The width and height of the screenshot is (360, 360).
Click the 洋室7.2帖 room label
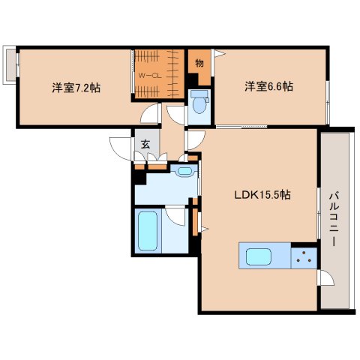tap(76, 87)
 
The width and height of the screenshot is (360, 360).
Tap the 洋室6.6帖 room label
tap(268, 86)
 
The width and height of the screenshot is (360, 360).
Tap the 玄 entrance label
tap(143, 145)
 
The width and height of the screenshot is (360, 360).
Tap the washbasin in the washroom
tap(184, 172)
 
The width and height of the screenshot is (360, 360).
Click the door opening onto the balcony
tap(325, 279)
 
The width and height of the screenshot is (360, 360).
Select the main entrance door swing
tap(120, 147)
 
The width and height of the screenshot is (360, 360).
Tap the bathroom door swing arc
tap(176, 215)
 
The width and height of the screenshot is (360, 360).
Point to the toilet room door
tap(177, 113)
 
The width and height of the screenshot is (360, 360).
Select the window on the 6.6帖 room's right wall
tap(328, 99)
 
